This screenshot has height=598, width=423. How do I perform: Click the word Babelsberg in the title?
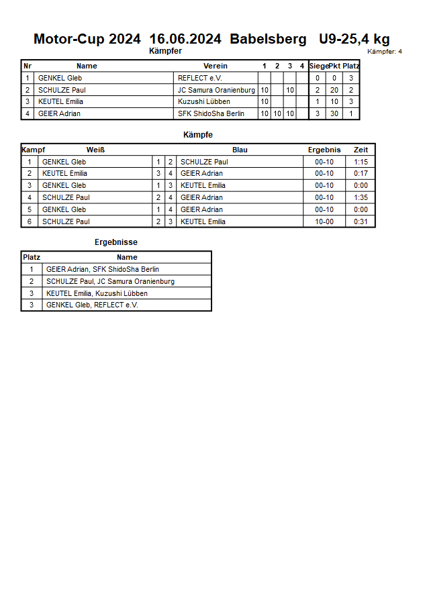tap(268, 39)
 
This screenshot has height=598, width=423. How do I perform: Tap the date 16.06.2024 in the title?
tap(185, 39)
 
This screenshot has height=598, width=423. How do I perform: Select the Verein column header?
tap(216, 66)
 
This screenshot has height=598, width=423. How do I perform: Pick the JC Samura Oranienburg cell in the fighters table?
tap(216, 90)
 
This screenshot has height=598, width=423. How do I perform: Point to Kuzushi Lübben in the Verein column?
tap(204, 102)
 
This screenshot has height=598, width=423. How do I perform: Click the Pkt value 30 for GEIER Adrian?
tap(334, 114)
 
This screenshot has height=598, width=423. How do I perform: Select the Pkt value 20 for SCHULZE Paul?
tap(334, 90)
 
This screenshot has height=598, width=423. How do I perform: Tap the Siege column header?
tap(319, 66)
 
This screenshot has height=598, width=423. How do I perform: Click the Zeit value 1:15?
tap(361, 162)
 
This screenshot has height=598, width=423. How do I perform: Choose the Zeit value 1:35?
tap(361, 198)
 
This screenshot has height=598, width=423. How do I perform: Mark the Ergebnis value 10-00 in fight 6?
tap(324, 222)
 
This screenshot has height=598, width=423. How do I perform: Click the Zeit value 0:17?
tap(361, 174)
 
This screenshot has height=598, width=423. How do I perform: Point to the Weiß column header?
tap(95, 150)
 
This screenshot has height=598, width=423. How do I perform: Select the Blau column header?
tap(240, 150)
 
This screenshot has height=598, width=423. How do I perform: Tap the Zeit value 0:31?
tap(361, 222)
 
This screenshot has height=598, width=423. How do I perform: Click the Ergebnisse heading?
tap(115, 242)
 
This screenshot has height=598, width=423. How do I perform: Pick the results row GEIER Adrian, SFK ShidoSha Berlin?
tap(103, 270)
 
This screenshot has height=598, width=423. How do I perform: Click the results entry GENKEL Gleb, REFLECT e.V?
tap(92, 305)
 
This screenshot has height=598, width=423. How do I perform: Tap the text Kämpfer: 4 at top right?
tap(385, 52)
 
